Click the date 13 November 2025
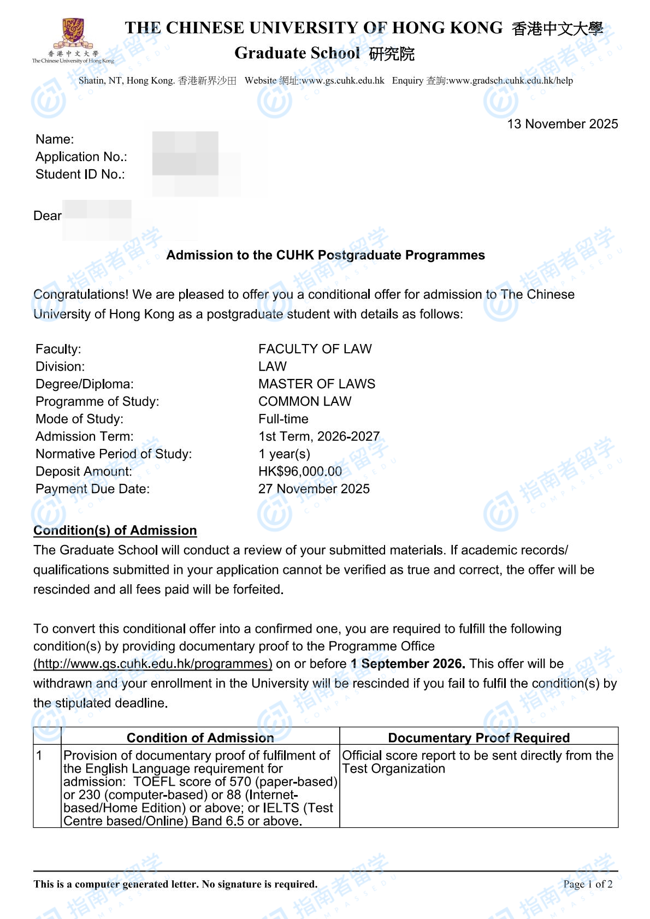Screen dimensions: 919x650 (x=562, y=124)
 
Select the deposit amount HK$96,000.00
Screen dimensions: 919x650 (x=300, y=471)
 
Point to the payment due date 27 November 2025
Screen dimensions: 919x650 (x=314, y=489)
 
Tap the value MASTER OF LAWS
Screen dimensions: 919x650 (x=316, y=384)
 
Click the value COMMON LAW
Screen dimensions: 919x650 (x=304, y=401)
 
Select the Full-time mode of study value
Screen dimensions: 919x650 (x=283, y=419)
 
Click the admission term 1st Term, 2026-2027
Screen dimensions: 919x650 (x=318, y=436)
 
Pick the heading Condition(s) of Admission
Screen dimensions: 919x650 (x=115, y=530)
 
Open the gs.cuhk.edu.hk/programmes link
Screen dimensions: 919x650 (x=153, y=663)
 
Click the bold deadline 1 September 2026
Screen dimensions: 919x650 (x=407, y=663)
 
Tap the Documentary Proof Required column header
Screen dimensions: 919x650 (x=478, y=738)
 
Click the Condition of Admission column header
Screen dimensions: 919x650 (x=200, y=738)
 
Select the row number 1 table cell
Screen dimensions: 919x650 (x=39, y=756)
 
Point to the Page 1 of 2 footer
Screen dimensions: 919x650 (x=587, y=884)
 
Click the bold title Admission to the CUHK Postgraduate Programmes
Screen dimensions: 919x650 (x=326, y=255)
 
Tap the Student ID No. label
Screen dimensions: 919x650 (x=80, y=174)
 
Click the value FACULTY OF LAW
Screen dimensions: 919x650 (x=315, y=349)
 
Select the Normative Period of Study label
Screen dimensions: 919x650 (x=114, y=454)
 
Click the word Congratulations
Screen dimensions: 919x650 (x=81, y=294)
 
